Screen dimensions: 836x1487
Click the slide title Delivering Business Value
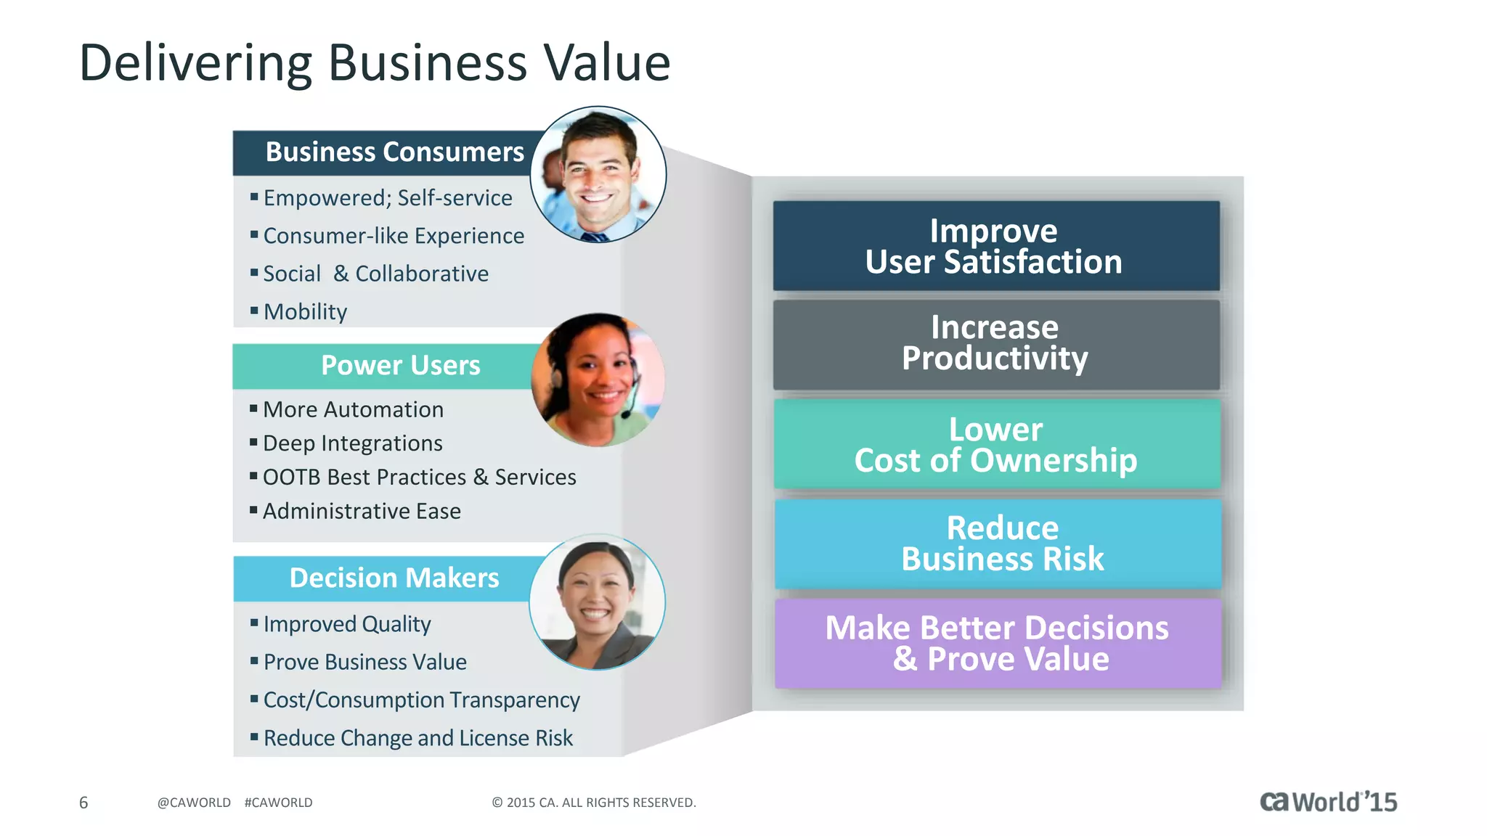(374, 63)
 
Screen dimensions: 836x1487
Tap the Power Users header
(399, 366)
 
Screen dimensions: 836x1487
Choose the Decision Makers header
(394, 578)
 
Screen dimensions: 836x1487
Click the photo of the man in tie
(598, 175)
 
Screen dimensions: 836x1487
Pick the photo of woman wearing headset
(598, 380)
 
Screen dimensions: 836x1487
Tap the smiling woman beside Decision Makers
(597, 602)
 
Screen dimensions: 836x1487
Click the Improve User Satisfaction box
(995, 246)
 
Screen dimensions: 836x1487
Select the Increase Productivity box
(995, 344)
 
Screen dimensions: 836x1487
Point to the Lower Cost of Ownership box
(996, 444)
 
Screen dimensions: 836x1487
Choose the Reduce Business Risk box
(998, 544)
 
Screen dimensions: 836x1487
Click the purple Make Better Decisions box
(998, 643)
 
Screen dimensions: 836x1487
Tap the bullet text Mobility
(305, 312)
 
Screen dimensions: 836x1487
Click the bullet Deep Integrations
(352, 443)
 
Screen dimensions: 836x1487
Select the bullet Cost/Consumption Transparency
(421, 700)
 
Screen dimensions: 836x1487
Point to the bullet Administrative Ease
(362, 512)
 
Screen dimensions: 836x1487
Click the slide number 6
(83, 803)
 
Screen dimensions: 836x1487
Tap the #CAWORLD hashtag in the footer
(279, 803)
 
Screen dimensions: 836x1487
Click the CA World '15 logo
(1328, 802)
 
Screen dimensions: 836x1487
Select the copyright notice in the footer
(593, 803)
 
